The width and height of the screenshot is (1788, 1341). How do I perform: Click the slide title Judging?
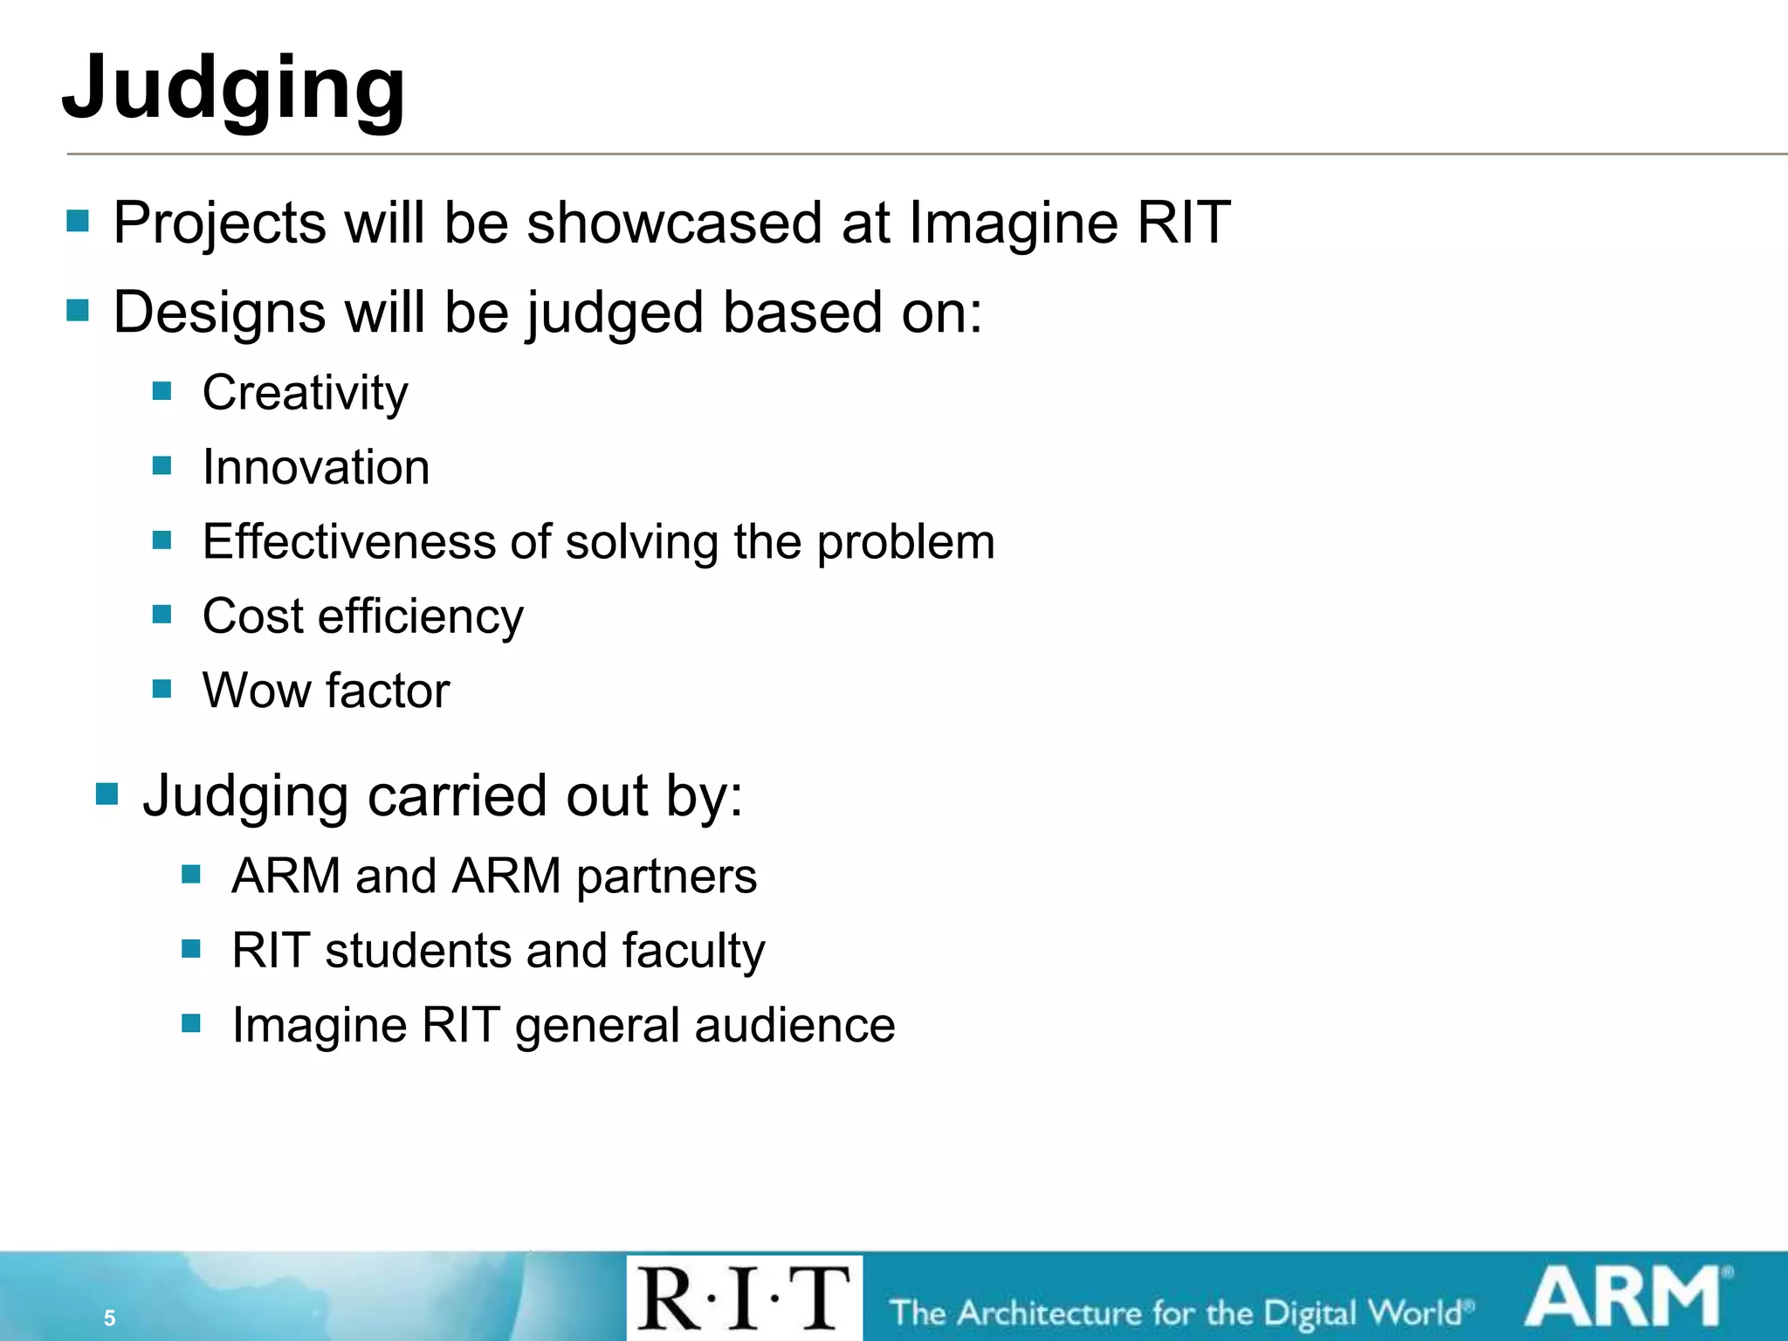[x=234, y=87]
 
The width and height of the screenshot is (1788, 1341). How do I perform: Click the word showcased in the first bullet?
[x=674, y=223]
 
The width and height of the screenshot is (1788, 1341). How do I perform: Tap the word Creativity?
[x=305, y=394]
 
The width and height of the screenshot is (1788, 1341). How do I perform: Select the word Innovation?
[x=316, y=467]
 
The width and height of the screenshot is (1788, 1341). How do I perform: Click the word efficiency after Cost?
[x=421, y=617]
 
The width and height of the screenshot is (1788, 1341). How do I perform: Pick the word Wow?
[x=257, y=691]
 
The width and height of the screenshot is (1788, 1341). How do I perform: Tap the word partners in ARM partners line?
[x=666, y=877]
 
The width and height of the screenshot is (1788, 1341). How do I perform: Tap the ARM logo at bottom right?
[x=1626, y=1298]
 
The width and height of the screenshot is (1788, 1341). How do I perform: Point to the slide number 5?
[x=109, y=1317]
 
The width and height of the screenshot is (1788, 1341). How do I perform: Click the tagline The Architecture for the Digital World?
[x=1180, y=1313]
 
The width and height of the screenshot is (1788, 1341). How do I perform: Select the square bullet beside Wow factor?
[x=162, y=689]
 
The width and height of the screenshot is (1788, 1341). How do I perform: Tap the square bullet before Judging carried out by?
[x=107, y=794]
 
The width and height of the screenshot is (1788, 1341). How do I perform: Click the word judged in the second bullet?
[x=615, y=313]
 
